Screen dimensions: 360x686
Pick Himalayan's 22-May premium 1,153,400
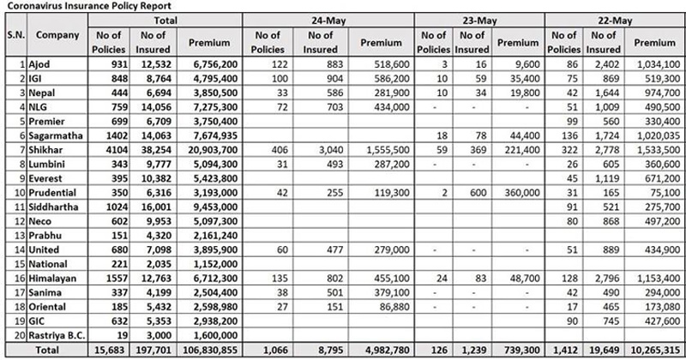pos(655,258)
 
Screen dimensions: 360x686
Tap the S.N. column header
pos(13,36)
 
